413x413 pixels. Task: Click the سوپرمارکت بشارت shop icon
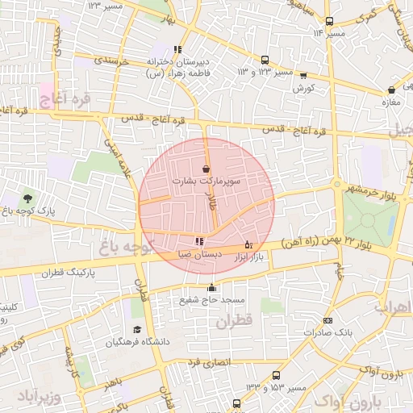click(x=206, y=169)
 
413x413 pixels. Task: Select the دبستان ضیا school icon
click(x=199, y=240)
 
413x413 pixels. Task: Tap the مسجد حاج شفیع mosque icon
click(x=212, y=287)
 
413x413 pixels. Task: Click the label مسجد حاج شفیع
click(x=212, y=300)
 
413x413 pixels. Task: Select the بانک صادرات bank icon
click(x=327, y=319)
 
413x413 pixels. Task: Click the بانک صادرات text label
click(x=332, y=332)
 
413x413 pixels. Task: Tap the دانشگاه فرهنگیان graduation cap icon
click(x=137, y=329)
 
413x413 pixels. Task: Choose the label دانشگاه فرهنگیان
click(x=138, y=342)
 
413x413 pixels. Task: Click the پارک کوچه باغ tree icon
click(x=28, y=197)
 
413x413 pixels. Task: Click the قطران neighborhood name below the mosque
click(x=235, y=320)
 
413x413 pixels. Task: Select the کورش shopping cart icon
click(x=303, y=76)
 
